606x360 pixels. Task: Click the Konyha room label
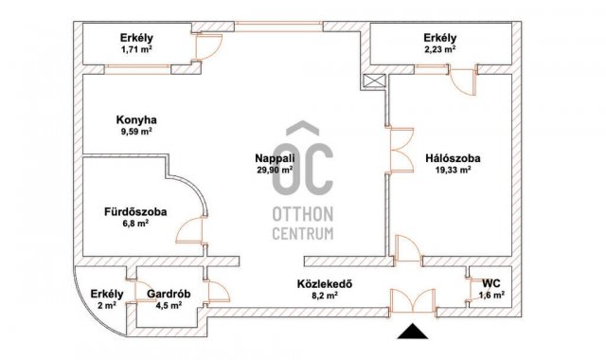pyautogui.click(x=136, y=120)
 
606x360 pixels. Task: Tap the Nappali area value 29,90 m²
pyautogui.click(x=275, y=170)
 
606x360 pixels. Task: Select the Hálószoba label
pyautogui.click(x=453, y=158)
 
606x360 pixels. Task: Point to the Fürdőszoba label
pyautogui.click(x=135, y=212)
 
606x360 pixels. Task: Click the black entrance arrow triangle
pyautogui.click(x=413, y=331)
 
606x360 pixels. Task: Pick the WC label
pyautogui.click(x=491, y=283)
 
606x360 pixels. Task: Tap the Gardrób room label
pyautogui.click(x=169, y=294)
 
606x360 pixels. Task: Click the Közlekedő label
pyautogui.click(x=325, y=284)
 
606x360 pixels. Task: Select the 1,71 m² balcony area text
pyautogui.click(x=136, y=49)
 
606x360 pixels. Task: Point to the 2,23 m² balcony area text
pyautogui.click(x=439, y=49)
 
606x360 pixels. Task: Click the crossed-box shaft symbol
pyautogui.click(x=375, y=81)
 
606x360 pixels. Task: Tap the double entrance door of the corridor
pyautogui.click(x=413, y=301)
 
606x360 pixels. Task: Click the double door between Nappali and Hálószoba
pyautogui.click(x=401, y=150)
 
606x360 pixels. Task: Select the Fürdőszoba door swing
pyautogui.click(x=191, y=230)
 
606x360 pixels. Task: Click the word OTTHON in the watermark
pyautogui.click(x=303, y=214)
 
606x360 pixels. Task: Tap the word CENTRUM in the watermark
pyautogui.click(x=303, y=233)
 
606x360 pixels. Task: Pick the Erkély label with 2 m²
pyautogui.click(x=107, y=294)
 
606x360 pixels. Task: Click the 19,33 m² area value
pyautogui.click(x=453, y=170)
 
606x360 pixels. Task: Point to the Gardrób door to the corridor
pyautogui.click(x=218, y=291)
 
